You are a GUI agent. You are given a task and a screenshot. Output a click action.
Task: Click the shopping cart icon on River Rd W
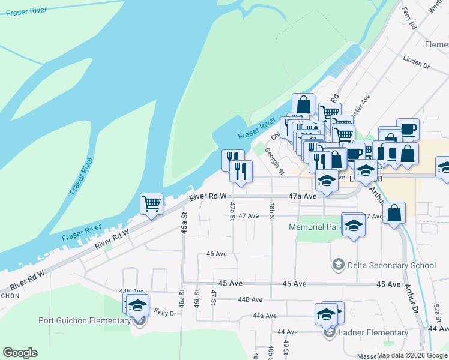(151, 203)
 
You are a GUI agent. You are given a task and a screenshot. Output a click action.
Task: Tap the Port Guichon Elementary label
(85, 320)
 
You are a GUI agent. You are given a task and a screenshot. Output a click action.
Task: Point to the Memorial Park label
(315, 227)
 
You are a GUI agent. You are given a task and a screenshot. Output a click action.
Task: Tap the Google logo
(20, 353)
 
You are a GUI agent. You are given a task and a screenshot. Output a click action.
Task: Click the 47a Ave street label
(302, 196)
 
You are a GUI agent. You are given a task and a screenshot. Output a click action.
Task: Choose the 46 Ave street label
(216, 254)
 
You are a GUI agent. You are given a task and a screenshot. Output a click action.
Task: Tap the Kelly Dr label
(164, 313)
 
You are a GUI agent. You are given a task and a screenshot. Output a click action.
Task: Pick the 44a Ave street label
(264, 316)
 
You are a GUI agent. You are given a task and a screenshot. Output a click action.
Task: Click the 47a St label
(232, 211)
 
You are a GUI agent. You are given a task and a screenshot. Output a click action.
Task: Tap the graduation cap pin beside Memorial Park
(354, 225)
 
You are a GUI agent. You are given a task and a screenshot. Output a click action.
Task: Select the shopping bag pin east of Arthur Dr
(394, 214)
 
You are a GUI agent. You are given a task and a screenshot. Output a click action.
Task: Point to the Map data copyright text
(412, 355)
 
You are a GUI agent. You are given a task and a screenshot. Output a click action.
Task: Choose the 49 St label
(286, 347)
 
